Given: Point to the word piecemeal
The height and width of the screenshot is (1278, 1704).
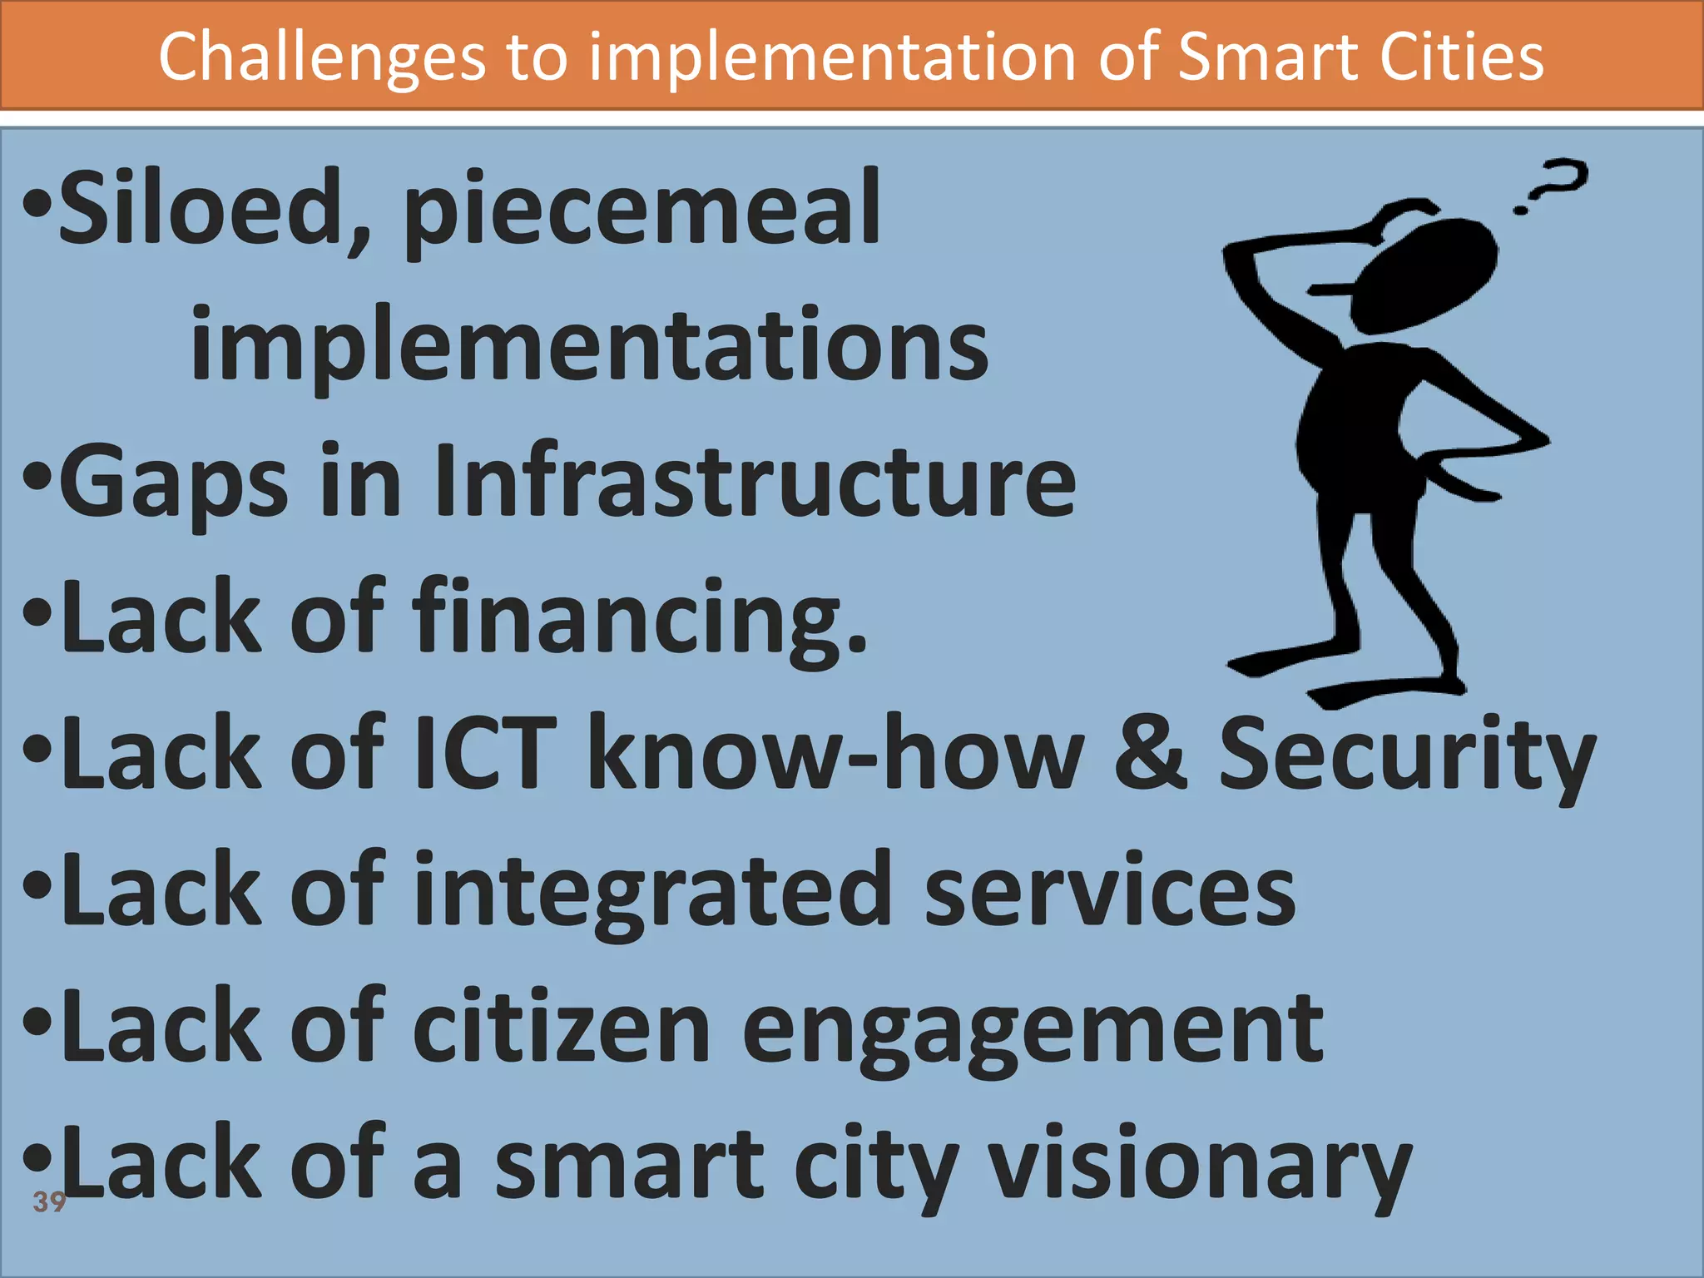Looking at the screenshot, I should tap(641, 212).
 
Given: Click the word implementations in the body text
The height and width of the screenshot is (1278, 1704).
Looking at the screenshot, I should tap(590, 345).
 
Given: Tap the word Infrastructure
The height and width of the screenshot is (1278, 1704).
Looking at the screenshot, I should tap(755, 481).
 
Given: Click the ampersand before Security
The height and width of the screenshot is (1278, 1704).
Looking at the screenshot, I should tap(1152, 752).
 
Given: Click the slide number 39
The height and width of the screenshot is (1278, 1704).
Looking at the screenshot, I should tap(48, 1201).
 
